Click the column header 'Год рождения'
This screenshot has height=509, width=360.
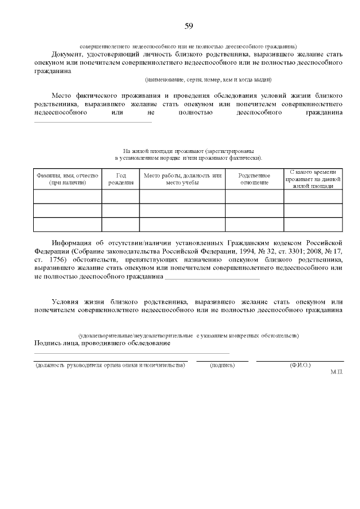120,179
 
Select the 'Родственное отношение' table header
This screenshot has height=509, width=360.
254,179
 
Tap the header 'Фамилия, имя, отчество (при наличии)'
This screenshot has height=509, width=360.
67,179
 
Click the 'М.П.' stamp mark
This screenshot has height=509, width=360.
337,372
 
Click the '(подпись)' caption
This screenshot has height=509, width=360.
222,366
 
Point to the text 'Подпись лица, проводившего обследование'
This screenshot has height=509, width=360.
102,343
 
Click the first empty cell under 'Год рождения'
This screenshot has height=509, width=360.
120,196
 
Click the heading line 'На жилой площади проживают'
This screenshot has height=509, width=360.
188,151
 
